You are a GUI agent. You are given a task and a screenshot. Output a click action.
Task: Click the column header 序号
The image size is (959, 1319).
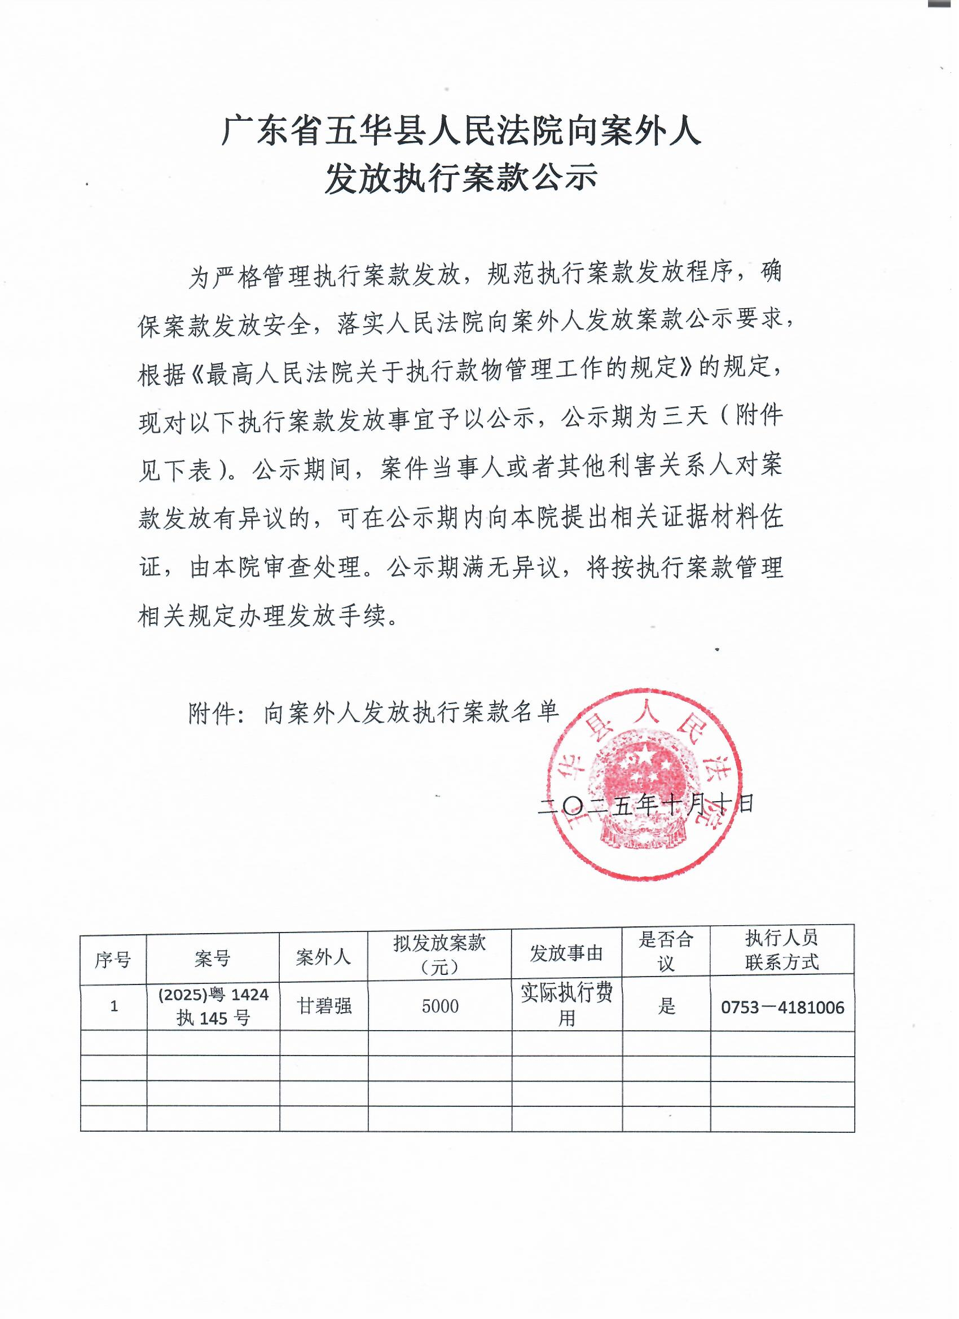[113, 960]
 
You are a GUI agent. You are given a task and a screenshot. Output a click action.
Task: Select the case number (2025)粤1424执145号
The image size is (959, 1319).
[213, 1006]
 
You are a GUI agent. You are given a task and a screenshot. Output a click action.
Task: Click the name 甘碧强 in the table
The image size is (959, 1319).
[324, 1005]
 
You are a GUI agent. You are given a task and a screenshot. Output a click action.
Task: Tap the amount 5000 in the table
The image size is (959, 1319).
[440, 1006]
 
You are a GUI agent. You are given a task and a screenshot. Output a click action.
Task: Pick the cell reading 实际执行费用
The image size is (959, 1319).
[566, 1004]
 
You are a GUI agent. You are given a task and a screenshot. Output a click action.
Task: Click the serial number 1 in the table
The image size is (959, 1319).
[114, 1006]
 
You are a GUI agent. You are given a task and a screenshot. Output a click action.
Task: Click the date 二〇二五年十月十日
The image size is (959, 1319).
[645, 804]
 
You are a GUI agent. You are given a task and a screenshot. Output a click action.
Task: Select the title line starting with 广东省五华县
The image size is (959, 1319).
[461, 130]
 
